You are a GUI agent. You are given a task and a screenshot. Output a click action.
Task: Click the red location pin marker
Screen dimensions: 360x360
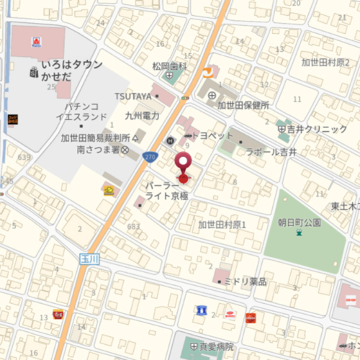184,163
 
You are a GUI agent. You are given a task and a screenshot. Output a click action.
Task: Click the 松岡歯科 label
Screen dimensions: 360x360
169,66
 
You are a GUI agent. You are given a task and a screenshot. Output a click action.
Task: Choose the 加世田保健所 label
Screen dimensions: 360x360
243,105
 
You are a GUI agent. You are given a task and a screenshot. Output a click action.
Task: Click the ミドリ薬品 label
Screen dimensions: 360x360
245,282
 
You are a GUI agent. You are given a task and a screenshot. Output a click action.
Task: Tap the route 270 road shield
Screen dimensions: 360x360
150,156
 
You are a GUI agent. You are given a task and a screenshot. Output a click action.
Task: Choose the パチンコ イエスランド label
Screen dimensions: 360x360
84,111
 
